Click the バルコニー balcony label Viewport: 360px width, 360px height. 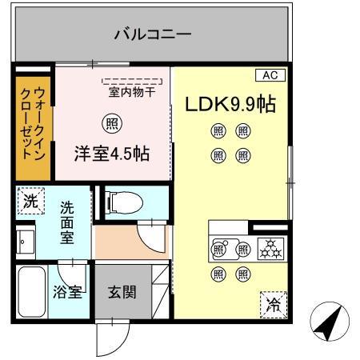(x=152, y=34)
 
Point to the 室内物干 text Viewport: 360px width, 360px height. (x=132, y=91)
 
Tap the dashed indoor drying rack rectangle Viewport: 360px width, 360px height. (x=131, y=81)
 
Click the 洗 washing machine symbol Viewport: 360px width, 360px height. (x=30, y=202)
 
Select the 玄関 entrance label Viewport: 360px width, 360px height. (x=122, y=291)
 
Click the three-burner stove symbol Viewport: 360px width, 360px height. (x=270, y=249)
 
